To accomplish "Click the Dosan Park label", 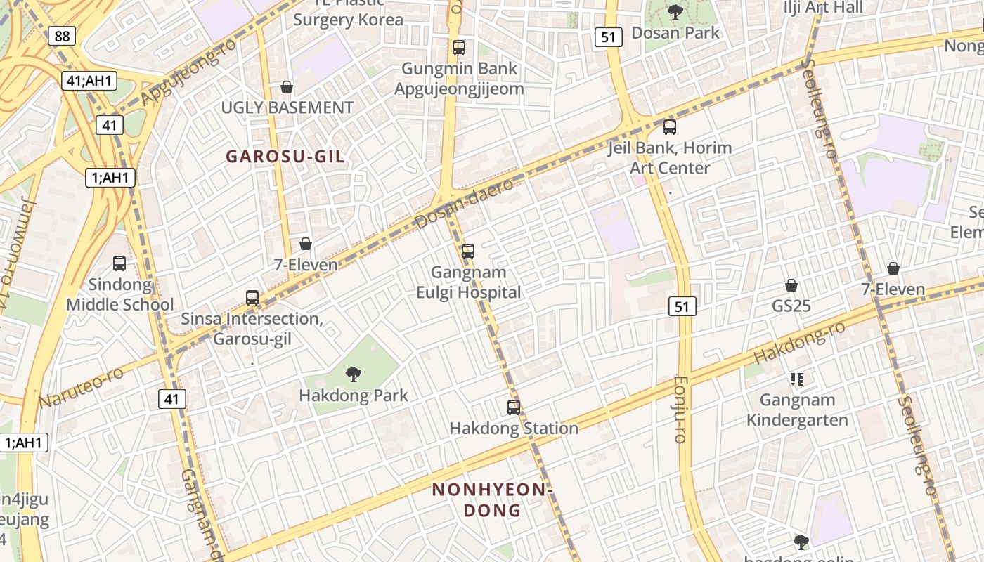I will click(x=675, y=33).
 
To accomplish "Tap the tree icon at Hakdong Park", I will click(x=354, y=374).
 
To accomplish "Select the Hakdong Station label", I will click(x=514, y=428).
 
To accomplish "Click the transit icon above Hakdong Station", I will click(x=514, y=407).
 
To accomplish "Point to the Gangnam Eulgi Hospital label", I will click(x=469, y=282).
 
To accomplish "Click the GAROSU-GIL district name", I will click(x=285, y=157).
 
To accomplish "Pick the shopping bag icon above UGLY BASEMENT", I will click(x=287, y=87).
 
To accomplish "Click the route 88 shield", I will click(x=62, y=36).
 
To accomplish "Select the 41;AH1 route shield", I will click(x=89, y=81).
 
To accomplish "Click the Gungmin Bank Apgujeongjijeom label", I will click(x=459, y=79).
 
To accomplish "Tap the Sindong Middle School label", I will click(x=120, y=294).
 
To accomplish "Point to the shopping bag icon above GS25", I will click(x=791, y=285).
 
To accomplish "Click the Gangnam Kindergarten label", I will click(x=797, y=410).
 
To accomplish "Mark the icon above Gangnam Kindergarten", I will click(x=796, y=379).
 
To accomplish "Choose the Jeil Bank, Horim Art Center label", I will click(x=671, y=158).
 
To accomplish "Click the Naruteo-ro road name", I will click(x=82, y=387).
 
